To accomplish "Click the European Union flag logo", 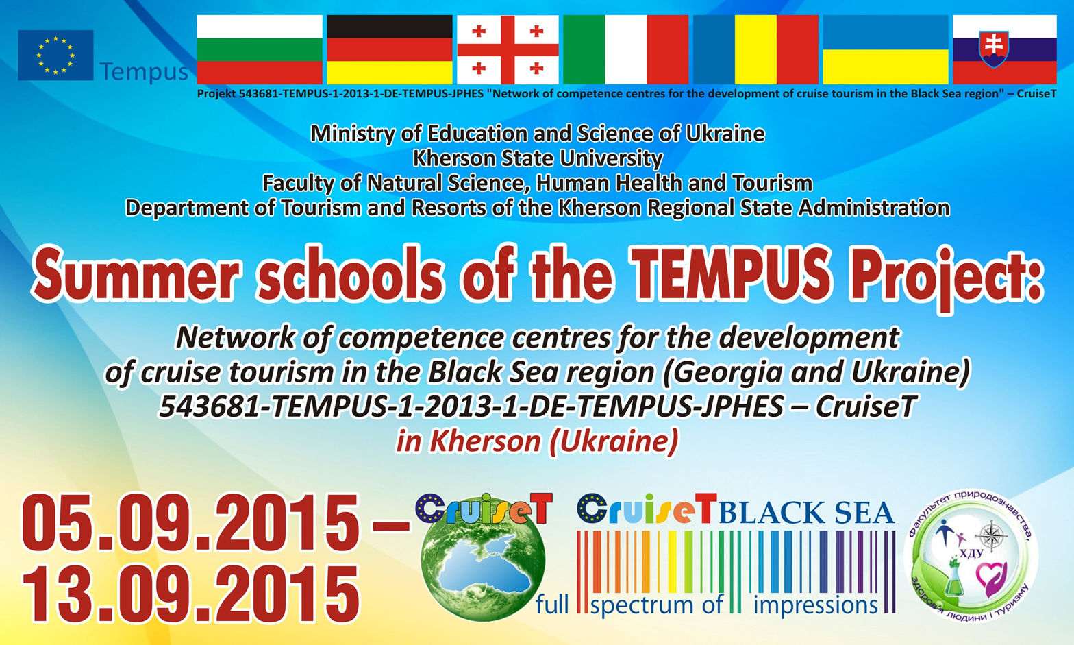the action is tap(55, 56).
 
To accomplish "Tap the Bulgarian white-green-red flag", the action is tap(260, 49).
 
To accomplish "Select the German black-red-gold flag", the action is tap(389, 49).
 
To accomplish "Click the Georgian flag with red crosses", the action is tap(508, 49).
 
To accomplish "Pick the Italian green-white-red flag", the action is tap(626, 49).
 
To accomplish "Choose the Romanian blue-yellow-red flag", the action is tap(755, 49).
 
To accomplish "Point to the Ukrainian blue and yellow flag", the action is tap(886, 49).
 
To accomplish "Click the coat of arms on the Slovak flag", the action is tap(993, 49).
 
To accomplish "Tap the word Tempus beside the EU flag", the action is tap(144, 72).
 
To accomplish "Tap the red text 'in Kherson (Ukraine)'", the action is tap(537, 441).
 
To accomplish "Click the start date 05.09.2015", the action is tap(190, 522).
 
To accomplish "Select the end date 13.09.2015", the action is tap(190, 594).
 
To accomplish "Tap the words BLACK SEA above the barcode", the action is tap(806, 513).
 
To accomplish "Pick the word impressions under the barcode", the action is tap(816, 605).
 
